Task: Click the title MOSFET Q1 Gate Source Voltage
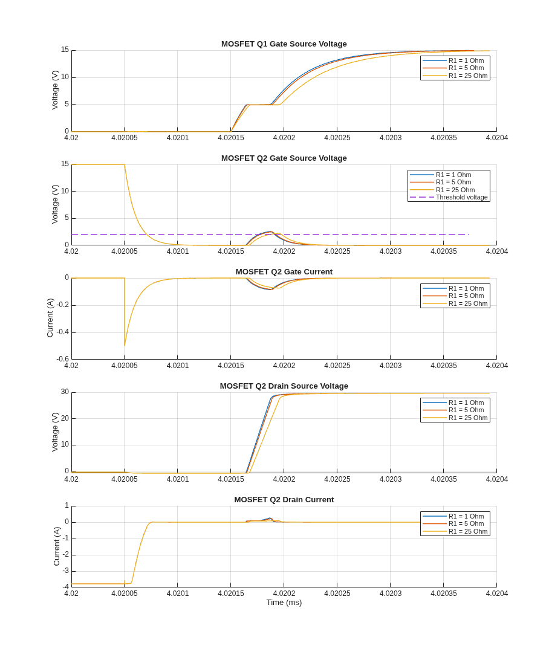point(284,44)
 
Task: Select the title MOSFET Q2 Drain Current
point(284,500)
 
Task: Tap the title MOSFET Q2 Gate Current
point(284,272)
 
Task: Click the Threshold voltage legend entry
point(461,197)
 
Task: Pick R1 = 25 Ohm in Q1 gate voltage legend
point(468,76)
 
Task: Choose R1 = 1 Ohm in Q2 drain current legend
point(466,516)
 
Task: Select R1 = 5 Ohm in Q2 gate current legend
point(466,296)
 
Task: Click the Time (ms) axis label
point(284,603)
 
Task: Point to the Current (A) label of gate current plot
point(50,318)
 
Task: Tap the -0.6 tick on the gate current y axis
point(63,359)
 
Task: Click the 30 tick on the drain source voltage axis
point(65,392)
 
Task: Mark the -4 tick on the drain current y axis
point(66,587)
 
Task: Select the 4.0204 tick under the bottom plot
point(497,593)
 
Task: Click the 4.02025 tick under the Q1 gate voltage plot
point(337,138)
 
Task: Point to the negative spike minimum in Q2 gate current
point(125,346)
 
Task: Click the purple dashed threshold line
point(270,235)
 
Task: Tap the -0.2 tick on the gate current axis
point(63,305)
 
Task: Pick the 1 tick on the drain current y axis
point(67,505)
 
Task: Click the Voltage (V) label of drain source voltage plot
point(55,432)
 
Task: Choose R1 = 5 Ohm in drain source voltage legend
point(466,410)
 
